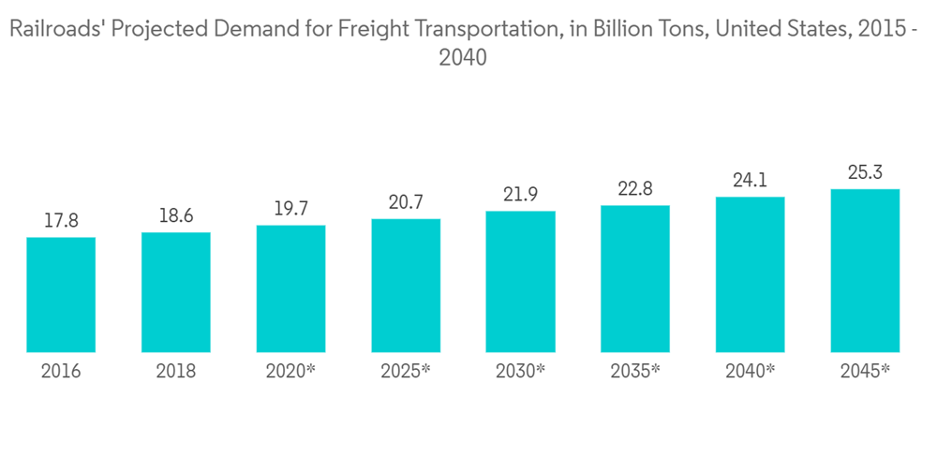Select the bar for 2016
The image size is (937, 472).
(61, 295)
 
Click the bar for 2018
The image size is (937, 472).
(176, 292)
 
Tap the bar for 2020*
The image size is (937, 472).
(290, 289)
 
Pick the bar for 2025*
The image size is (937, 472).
(406, 286)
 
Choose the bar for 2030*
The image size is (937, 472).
(520, 282)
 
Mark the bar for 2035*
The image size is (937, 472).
(635, 279)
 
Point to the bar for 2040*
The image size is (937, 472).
(750, 274)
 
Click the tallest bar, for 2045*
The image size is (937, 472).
(865, 271)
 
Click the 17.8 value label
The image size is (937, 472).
(61, 222)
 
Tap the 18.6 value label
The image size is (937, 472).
(176, 216)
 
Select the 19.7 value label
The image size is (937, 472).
(290, 209)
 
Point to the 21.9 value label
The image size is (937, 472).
(520, 195)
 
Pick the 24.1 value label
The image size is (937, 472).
(750, 181)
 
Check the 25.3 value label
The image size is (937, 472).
(865, 173)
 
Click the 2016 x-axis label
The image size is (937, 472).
(61, 371)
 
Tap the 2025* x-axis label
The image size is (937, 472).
(406, 371)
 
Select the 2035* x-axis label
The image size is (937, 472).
(635, 371)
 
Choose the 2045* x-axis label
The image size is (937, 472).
(865, 371)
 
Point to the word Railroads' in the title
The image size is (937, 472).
(55, 31)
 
